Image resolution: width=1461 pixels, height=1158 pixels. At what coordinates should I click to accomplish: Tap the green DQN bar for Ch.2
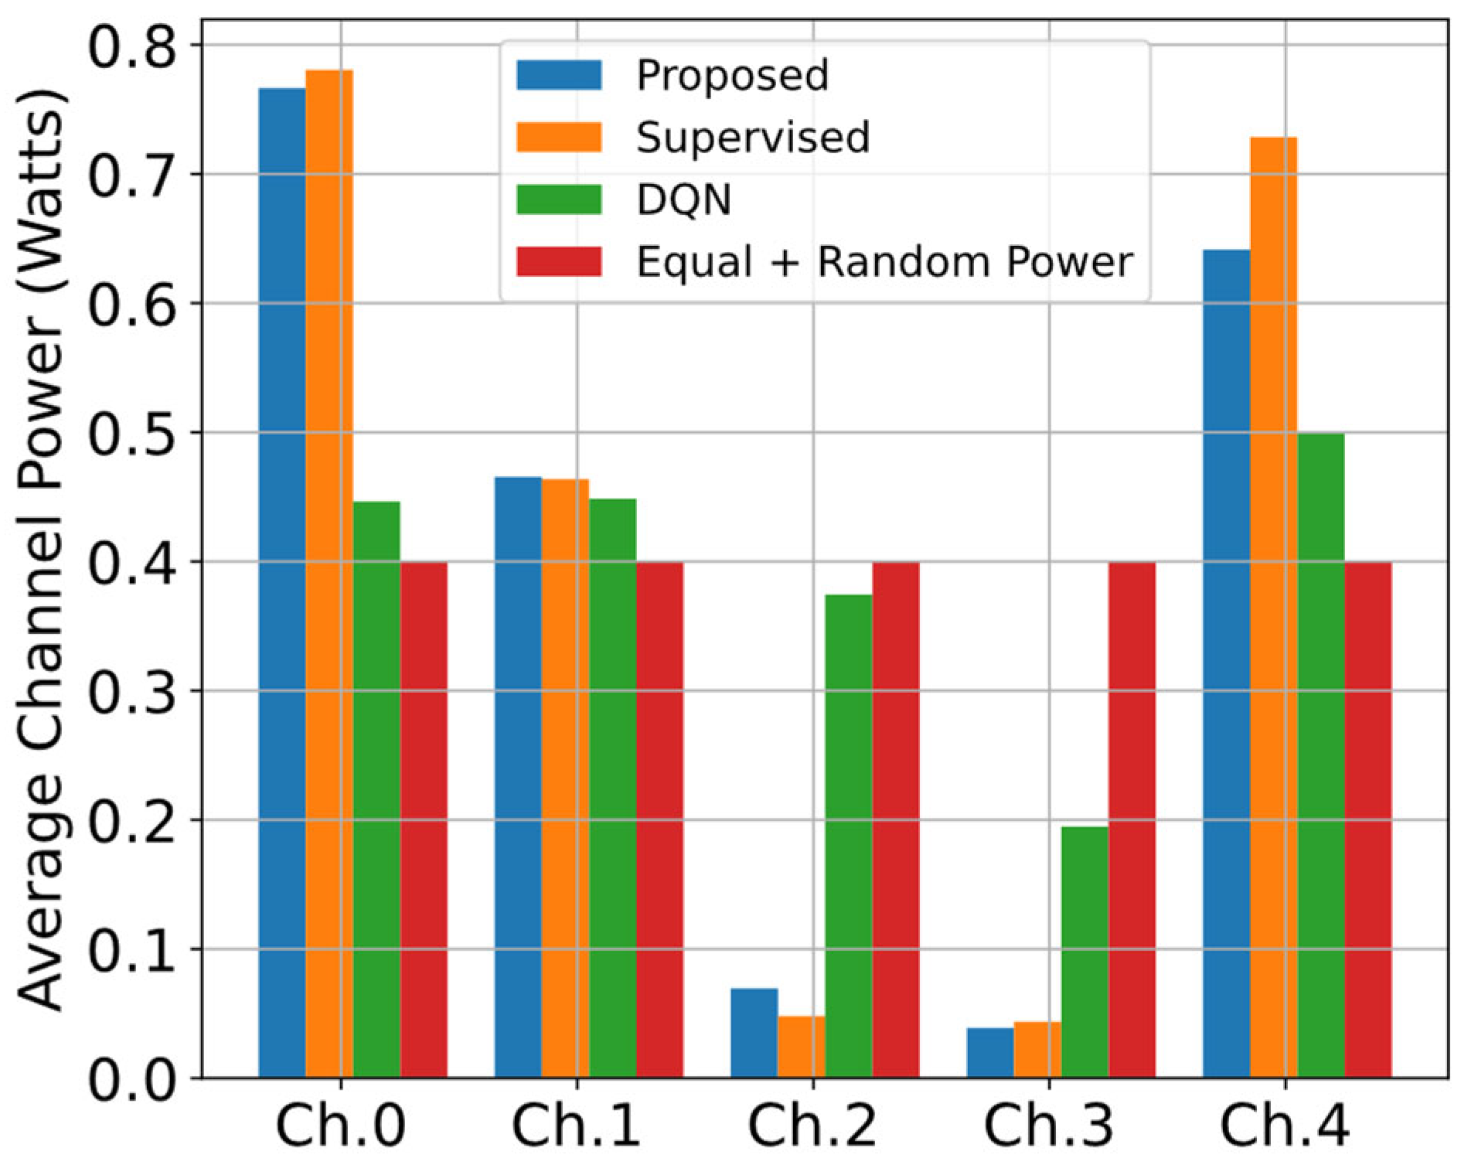click(x=849, y=835)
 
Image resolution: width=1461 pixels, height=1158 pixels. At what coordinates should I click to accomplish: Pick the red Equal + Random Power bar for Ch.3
click(x=1132, y=819)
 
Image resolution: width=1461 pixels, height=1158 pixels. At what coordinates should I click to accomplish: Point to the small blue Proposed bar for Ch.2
click(x=754, y=1033)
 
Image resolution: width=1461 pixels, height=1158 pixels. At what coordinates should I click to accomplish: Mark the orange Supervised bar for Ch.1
click(x=565, y=778)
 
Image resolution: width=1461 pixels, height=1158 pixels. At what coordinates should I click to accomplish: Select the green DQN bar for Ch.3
click(x=1085, y=952)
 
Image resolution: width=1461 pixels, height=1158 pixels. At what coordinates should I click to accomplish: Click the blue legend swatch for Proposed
click(x=559, y=75)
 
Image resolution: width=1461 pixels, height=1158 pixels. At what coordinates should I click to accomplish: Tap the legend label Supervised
click(x=753, y=137)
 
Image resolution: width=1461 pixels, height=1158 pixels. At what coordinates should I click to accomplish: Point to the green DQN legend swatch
click(x=559, y=199)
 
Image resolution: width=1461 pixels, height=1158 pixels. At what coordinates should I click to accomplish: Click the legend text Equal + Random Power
click(x=884, y=262)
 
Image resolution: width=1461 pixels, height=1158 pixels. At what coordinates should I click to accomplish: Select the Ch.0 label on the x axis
click(x=340, y=1124)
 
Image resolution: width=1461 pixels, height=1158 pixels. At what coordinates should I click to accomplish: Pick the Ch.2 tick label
click(x=812, y=1124)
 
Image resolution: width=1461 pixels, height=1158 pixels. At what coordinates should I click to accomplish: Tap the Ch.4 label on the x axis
click(x=1285, y=1124)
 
